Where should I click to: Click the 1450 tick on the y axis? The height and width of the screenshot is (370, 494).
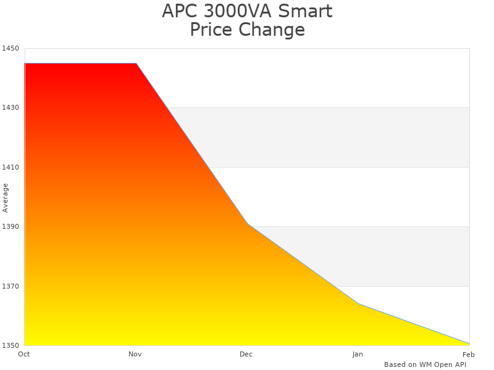10,48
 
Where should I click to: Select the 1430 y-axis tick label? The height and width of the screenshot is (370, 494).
10,108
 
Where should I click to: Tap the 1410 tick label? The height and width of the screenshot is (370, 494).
10,167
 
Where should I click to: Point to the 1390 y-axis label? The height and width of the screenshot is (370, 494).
10,227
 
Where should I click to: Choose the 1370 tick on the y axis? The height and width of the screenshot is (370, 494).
10,286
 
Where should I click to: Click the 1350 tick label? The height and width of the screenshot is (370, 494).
10,345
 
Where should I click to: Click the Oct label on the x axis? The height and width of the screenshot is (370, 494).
24,354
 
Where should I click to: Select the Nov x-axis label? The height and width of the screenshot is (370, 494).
135,354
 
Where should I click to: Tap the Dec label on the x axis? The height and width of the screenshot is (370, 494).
246,354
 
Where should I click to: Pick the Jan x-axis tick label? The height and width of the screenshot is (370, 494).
358,354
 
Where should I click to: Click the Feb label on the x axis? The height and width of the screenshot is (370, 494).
469,354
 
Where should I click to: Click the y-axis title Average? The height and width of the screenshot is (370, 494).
6,197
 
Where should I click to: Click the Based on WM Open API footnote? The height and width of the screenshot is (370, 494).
425,364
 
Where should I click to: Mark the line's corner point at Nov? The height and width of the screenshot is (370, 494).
136,64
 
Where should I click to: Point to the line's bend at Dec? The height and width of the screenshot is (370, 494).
247,223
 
